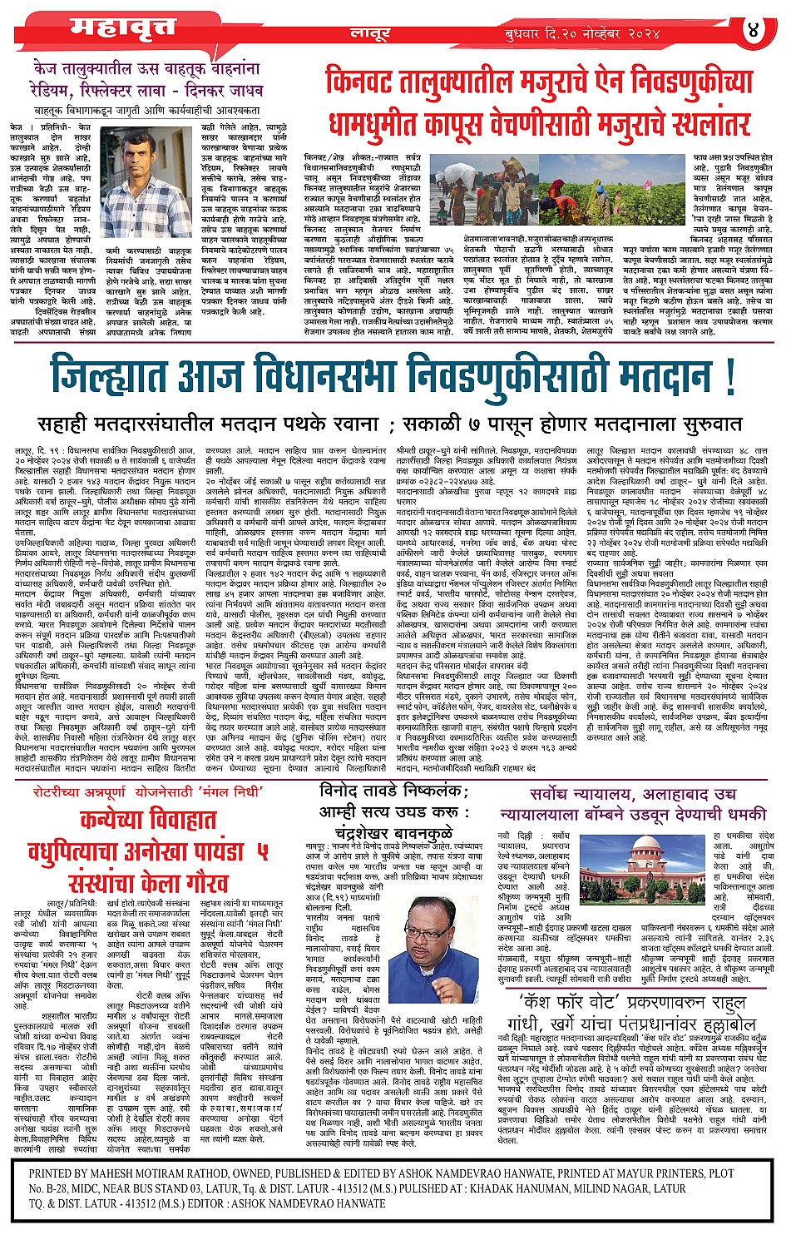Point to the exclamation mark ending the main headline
click(730, 376)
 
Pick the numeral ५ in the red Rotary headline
click(262, 851)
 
